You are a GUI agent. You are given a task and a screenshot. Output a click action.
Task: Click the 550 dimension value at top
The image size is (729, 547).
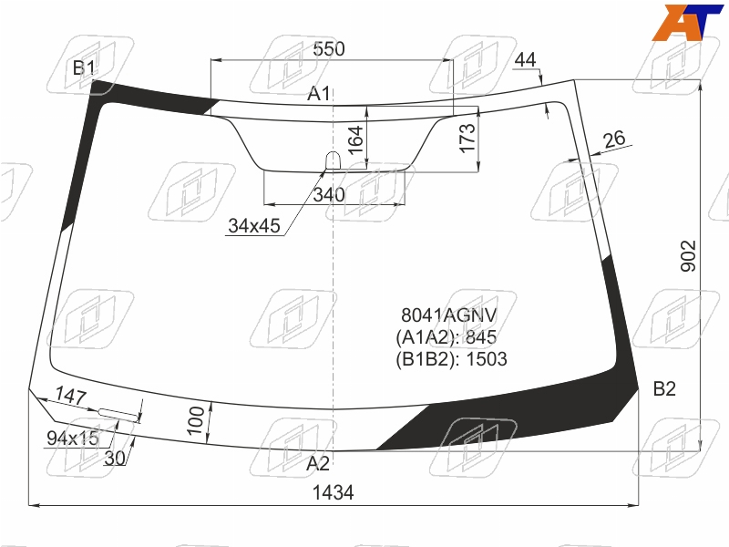(x=329, y=49)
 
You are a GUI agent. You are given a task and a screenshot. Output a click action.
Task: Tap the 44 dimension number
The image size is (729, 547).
(x=526, y=60)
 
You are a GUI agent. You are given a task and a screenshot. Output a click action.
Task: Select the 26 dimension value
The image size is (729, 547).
(x=614, y=139)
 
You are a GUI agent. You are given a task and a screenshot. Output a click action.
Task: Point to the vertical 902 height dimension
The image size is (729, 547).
(x=688, y=256)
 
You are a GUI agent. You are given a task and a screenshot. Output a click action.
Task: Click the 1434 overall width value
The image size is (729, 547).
(x=333, y=492)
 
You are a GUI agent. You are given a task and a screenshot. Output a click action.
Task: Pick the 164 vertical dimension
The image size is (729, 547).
(x=355, y=140)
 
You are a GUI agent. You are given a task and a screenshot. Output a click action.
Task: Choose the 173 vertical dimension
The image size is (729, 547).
(x=467, y=138)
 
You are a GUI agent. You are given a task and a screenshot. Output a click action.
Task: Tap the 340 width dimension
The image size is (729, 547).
(x=329, y=195)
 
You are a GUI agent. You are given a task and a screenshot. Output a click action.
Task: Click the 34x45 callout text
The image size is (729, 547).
(x=254, y=226)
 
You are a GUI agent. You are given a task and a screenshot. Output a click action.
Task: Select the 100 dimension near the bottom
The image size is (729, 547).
(x=196, y=420)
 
